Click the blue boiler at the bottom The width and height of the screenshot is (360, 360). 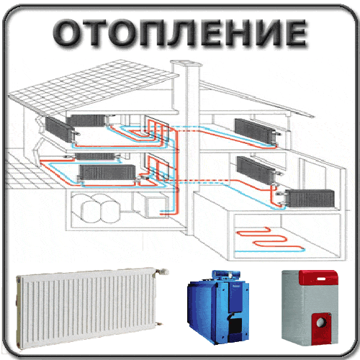pyautogui.click(x=218, y=307)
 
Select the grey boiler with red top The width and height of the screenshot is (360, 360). pyautogui.click(x=310, y=308)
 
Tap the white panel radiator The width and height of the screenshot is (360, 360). pyautogui.click(x=91, y=308)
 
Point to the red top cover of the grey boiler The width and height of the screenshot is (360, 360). pyautogui.click(x=319, y=277)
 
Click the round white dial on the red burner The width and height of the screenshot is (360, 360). pyautogui.click(x=320, y=322)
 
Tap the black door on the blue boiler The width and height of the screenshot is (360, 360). pyautogui.click(x=235, y=325)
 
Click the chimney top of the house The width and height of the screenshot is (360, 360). pyautogui.click(x=186, y=63)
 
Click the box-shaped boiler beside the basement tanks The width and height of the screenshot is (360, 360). pyautogui.click(x=156, y=207)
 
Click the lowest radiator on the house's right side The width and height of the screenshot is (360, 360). pyautogui.click(x=310, y=198)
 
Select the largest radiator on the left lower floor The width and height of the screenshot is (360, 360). pyautogui.click(x=107, y=172)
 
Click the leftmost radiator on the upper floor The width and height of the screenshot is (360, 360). pyautogui.click(x=60, y=129)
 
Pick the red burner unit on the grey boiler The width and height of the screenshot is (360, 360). pyautogui.click(x=321, y=327)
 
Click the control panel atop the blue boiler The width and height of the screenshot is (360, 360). pyautogui.click(x=225, y=274)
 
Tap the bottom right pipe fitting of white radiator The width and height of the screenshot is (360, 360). pyautogui.click(x=158, y=324)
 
